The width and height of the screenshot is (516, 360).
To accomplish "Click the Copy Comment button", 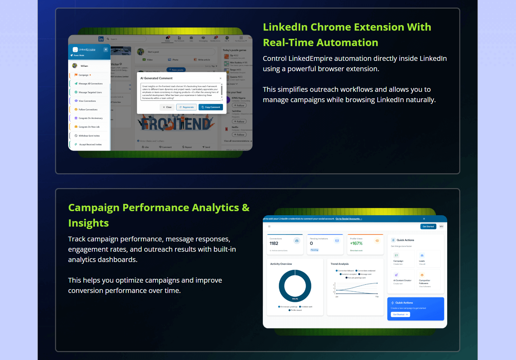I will point(211,107).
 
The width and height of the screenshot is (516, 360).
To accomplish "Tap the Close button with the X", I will point(167,107).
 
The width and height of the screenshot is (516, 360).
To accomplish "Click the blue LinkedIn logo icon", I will point(101,39).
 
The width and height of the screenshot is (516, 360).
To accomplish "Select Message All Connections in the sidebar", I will point(90,84).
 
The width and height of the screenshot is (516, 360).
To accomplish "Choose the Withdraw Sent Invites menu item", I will point(89,136).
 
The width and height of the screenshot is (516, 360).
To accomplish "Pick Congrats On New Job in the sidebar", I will point(89,127).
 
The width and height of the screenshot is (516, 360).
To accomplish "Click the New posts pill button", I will point(176,70).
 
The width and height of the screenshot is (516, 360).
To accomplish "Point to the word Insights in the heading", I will point(88,223).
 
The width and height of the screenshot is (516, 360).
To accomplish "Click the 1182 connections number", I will point(274,243).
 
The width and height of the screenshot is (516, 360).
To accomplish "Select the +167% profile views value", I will point(356,243).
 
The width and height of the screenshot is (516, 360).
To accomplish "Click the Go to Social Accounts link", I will point(349,219).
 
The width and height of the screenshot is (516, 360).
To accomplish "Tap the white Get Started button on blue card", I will point(400,315).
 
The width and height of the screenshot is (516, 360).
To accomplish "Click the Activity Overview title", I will point(281,264).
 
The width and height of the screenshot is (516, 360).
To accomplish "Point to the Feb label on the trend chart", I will point(377,296).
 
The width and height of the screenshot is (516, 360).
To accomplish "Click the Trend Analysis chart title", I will point(340,264).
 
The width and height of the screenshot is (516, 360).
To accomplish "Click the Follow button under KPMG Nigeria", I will point(239,106).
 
